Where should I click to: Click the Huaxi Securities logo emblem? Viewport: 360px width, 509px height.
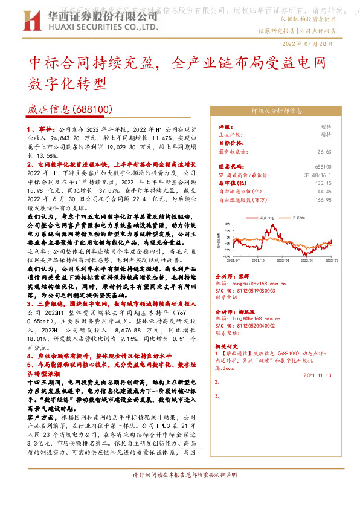[x=25, y=26]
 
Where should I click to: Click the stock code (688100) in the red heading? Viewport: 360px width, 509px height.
[x=91, y=109]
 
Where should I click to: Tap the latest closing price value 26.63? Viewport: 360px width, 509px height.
[x=325, y=152]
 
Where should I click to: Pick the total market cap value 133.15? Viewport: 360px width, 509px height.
[x=324, y=182]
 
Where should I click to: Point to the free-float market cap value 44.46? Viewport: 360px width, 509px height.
[x=325, y=190]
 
